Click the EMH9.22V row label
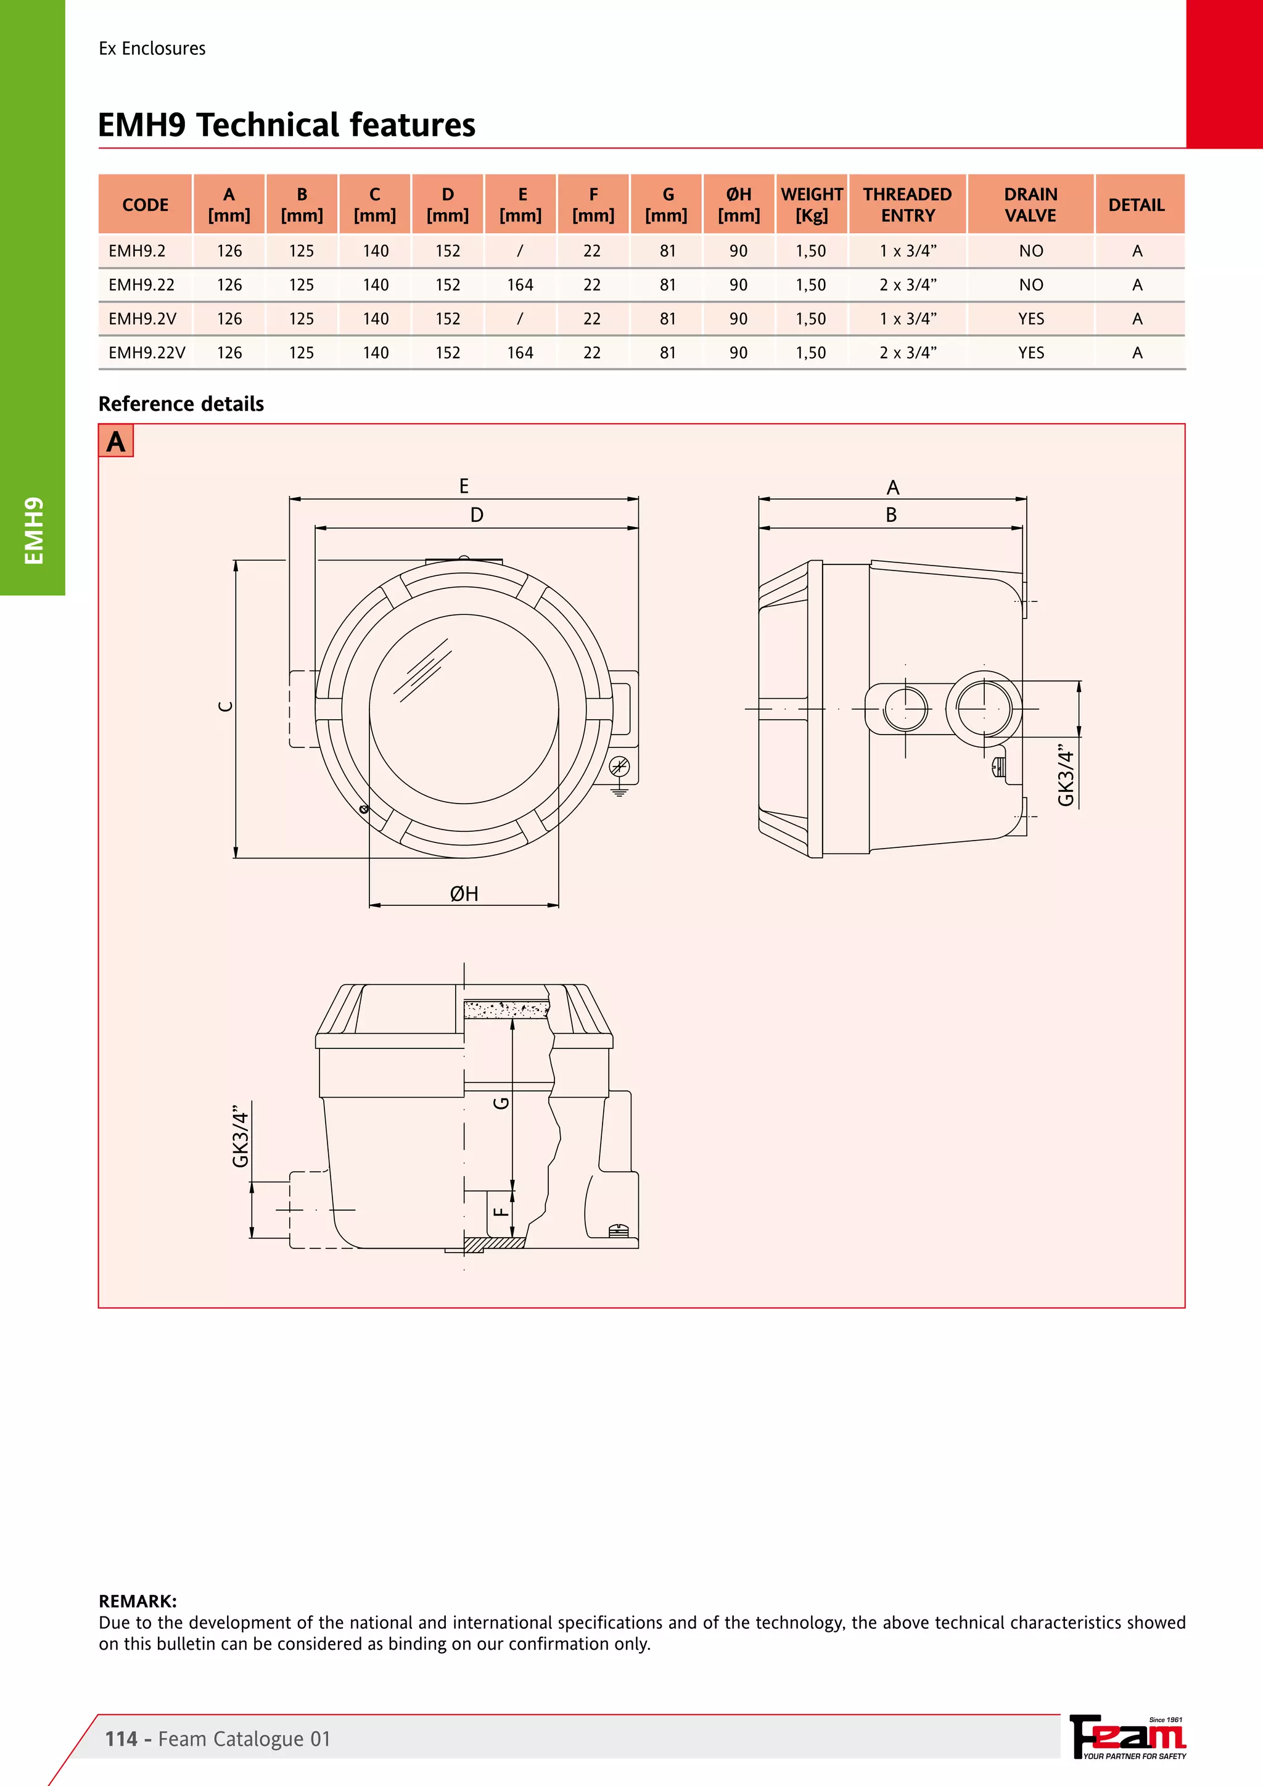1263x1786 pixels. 147,352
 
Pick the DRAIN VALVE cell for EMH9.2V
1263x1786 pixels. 1031,319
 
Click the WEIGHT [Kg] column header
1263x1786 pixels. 811,205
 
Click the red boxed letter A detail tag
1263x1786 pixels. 116,441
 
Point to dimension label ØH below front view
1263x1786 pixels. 464,894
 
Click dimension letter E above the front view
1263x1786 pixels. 464,486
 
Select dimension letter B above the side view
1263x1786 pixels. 891,515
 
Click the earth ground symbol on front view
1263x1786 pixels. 619,791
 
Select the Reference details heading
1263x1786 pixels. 181,404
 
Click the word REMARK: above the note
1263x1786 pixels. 138,1601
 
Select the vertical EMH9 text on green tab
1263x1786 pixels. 33,530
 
